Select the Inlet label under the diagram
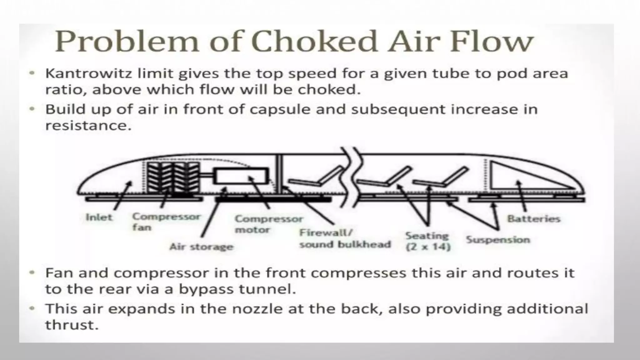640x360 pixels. (x=99, y=217)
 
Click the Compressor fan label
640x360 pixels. (x=166, y=222)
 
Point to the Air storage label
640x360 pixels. (x=201, y=247)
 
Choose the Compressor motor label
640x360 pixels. (x=268, y=224)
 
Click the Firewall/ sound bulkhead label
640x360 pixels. (x=345, y=238)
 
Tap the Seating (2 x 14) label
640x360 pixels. (x=427, y=241)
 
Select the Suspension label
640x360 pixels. (x=498, y=240)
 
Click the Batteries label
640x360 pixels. (x=533, y=218)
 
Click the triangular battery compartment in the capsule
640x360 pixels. (x=519, y=177)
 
